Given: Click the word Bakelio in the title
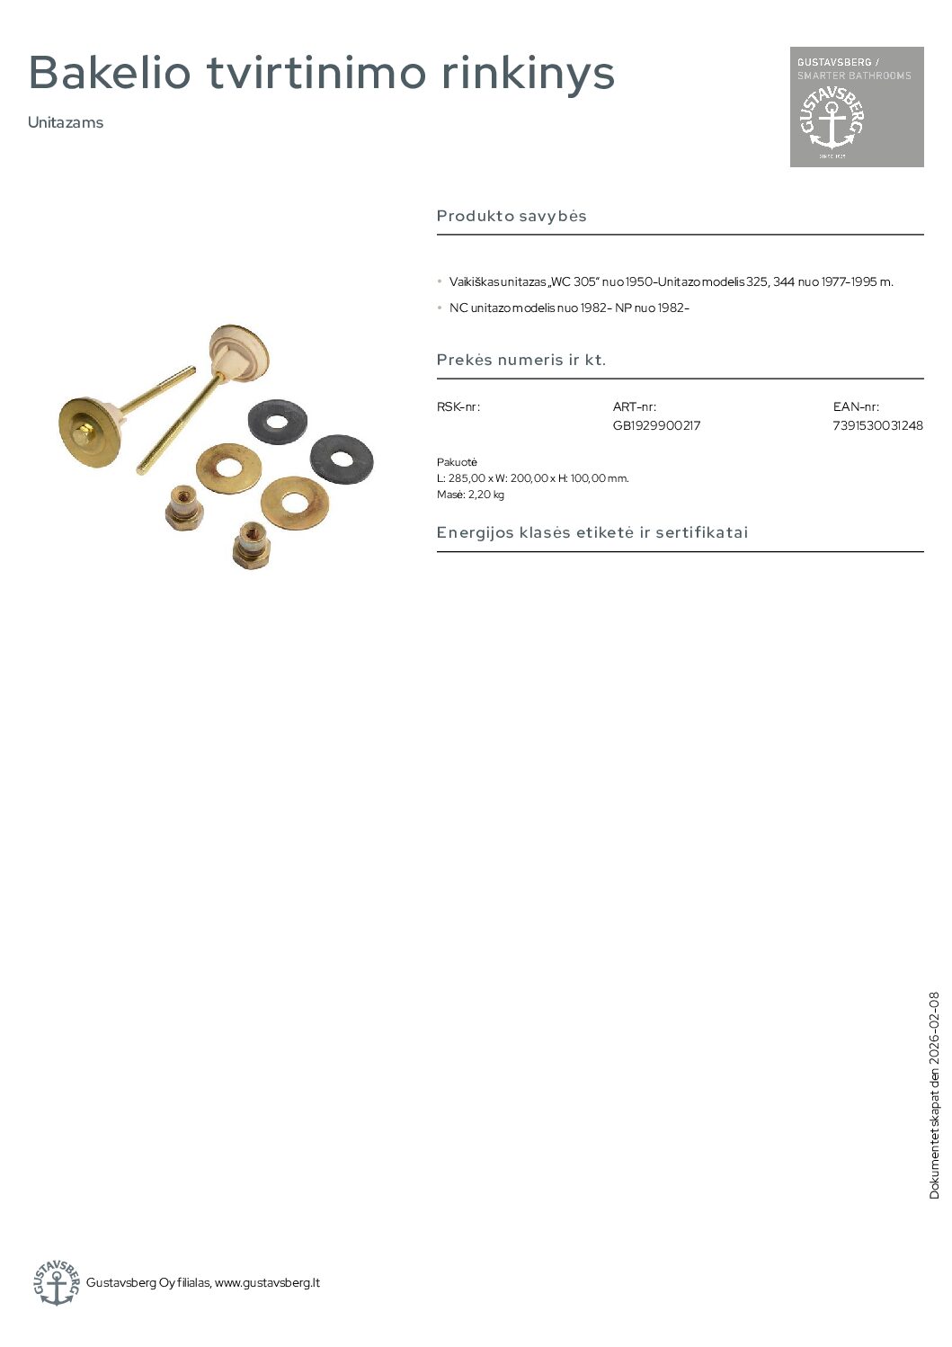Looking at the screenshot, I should click(x=110, y=73).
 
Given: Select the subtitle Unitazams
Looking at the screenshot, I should click(x=66, y=122).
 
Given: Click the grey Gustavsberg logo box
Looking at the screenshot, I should click(x=856, y=106).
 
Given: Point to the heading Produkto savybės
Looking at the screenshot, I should click(x=512, y=216).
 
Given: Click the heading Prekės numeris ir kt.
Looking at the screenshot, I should click(x=521, y=360).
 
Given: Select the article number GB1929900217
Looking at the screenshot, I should click(x=656, y=425).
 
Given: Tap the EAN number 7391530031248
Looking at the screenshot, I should click(x=877, y=425).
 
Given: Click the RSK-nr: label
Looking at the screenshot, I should click(x=458, y=406).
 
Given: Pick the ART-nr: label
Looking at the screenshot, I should click(x=635, y=406).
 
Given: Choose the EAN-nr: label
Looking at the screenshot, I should click(x=856, y=406).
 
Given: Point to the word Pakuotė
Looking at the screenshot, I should click(x=457, y=462).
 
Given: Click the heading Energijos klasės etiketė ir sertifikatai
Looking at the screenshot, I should click(x=592, y=532).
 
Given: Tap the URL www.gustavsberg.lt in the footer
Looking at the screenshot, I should click(x=267, y=1282).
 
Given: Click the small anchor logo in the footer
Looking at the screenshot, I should click(x=56, y=1282).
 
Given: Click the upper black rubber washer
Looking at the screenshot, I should click(x=278, y=421).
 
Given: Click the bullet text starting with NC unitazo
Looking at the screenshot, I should click(x=569, y=308).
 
